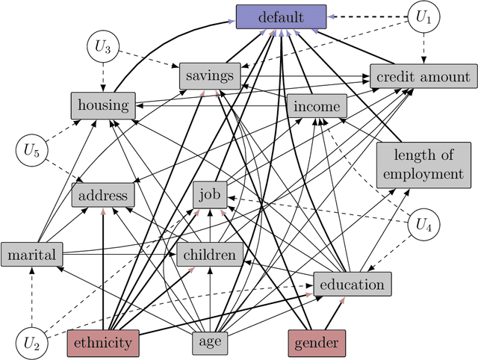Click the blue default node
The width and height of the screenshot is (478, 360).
click(x=282, y=16)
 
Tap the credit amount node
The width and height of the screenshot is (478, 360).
click(x=423, y=76)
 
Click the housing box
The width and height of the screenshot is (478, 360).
click(x=104, y=105)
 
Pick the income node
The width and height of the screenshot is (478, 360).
click(x=317, y=106)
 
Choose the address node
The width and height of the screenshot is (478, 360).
click(x=104, y=196)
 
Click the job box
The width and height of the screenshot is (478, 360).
click(x=209, y=195)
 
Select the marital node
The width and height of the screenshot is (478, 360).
click(x=31, y=255)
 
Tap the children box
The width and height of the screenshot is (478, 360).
click(x=209, y=255)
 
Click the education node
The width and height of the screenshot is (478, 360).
click(x=351, y=284)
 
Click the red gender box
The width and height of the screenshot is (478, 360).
click(x=317, y=343)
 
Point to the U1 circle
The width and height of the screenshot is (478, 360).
click(x=423, y=16)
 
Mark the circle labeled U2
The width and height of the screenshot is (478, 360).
click(x=31, y=343)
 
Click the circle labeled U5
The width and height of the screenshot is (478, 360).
click(x=31, y=150)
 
